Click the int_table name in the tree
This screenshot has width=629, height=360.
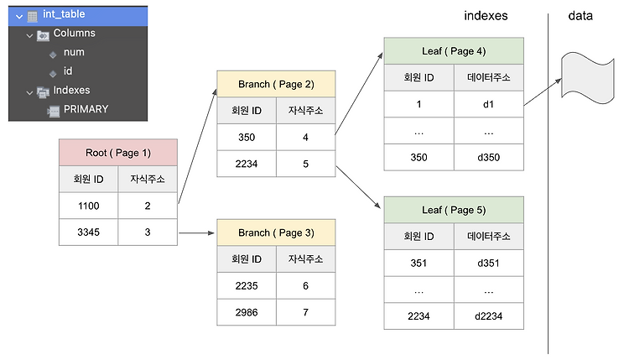tap(63, 14)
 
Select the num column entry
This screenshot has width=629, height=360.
tap(74, 52)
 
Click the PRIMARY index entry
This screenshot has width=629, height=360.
tap(86, 108)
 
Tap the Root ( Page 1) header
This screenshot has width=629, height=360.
tap(117, 153)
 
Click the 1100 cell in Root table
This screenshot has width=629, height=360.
tap(88, 204)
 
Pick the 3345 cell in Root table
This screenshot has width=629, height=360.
tap(88, 232)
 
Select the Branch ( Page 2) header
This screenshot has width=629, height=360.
tap(275, 84)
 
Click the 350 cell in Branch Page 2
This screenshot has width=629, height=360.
tap(246, 135)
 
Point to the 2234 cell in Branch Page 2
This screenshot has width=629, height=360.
tap(246, 163)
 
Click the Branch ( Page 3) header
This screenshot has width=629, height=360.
tap(275, 232)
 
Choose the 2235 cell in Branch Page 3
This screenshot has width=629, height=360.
tap(246, 285)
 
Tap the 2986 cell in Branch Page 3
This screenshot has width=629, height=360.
tap(246, 313)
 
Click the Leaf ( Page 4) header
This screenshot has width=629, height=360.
tap(453, 51)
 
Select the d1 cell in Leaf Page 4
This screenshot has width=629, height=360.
tap(489, 105)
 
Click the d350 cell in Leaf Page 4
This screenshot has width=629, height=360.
tap(489, 158)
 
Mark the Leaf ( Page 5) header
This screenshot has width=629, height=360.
tap(453, 209)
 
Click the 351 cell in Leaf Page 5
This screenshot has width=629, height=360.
tap(418, 262)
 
